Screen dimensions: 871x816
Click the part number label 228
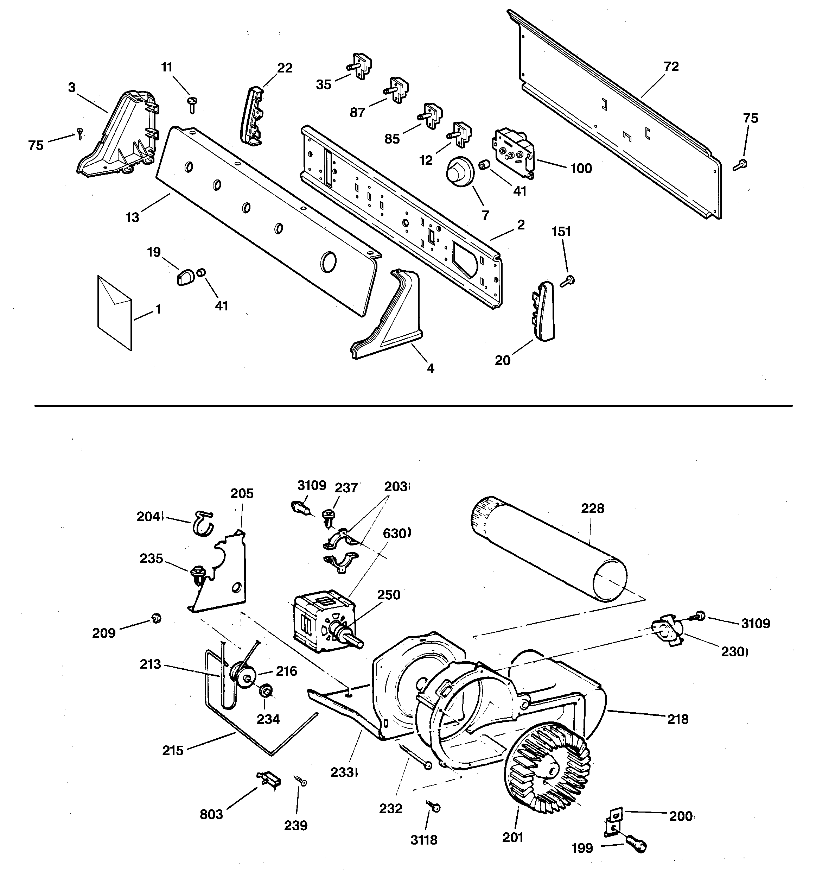tap(592, 508)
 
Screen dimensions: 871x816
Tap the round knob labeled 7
tap(459, 172)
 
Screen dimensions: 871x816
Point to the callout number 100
tap(581, 168)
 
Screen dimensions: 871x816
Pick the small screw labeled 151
tap(568, 281)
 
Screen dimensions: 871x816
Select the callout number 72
tap(671, 67)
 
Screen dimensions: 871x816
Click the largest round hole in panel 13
tap(329, 261)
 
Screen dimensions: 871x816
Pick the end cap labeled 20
tap(544, 311)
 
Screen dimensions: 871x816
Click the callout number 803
tap(211, 814)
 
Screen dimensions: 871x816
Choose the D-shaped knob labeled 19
tap(184, 278)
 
